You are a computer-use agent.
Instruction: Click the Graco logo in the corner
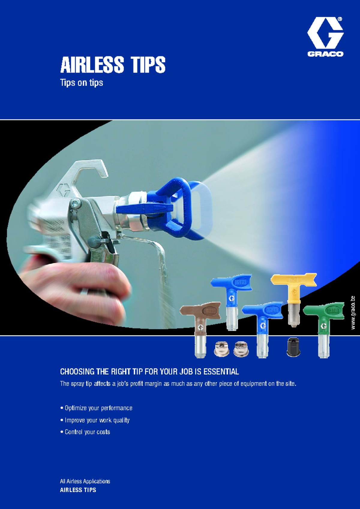[x=325, y=37]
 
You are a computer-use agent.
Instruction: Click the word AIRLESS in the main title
[x=92, y=65]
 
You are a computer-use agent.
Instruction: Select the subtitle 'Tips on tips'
[x=81, y=82]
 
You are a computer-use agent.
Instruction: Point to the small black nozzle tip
[x=293, y=347]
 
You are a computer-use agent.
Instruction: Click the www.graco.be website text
[x=353, y=313]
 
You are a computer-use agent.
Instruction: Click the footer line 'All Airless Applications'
[x=85, y=481]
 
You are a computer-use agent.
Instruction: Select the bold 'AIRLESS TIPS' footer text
[x=78, y=490]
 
